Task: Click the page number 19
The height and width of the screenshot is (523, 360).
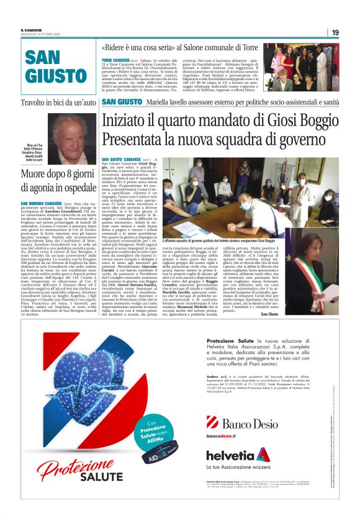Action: click(335, 32)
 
